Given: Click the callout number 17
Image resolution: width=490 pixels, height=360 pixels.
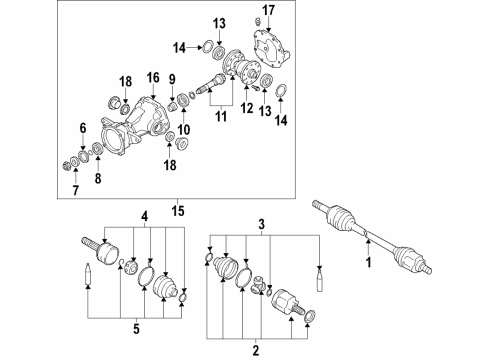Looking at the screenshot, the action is click(268, 11).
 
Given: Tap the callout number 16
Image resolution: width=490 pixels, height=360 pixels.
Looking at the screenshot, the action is click(153, 78).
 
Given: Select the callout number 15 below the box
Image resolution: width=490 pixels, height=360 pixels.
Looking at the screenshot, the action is click(178, 211).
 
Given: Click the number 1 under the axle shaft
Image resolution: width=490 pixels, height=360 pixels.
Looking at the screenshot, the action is click(368, 262).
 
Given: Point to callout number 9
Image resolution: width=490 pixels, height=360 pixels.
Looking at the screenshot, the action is click(172, 79).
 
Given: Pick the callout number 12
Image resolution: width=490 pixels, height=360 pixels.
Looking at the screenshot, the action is click(247, 108).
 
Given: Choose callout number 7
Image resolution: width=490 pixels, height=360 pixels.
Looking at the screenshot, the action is click(76, 191).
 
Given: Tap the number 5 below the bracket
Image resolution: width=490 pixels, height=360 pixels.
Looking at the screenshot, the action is click(136, 329).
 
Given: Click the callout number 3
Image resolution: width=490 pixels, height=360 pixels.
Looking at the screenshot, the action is click(262, 224).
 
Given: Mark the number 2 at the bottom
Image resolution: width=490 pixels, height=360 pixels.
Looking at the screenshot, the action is click(256, 351).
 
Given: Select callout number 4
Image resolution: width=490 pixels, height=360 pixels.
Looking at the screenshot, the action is click(144, 217).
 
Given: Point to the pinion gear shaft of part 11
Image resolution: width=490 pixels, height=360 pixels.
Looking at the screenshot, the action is click(211, 83).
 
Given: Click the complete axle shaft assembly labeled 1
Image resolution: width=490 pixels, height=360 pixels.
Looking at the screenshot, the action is click(372, 237).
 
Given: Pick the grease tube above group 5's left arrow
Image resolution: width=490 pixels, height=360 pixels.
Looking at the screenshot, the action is click(88, 273).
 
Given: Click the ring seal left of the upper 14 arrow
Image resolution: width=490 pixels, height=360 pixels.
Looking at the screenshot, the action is click(207, 46).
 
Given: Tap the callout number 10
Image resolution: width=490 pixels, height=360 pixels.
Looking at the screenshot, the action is click(184, 130).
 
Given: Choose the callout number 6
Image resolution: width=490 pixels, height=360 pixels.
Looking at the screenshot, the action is click(83, 128).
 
